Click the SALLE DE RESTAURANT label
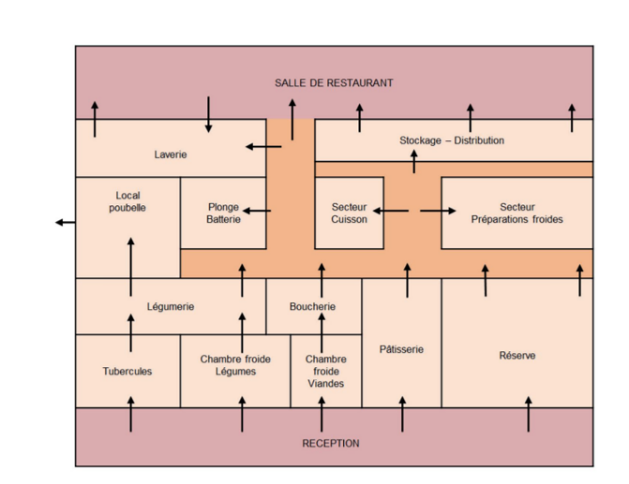pos(334,83)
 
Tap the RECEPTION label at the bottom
pos(330,443)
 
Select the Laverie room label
pos(171,154)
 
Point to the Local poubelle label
pos(127,201)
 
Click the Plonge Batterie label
pos(223,213)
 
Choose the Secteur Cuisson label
pos(349,213)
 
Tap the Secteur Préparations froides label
pos(517,213)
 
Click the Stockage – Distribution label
pos(452,140)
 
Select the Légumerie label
pos(171,306)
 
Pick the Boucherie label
pos(312,306)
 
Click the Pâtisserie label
pos(401,349)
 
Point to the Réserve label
pos(517,356)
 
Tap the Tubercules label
pos(127,371)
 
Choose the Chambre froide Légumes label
pos(234,365)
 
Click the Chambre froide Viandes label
pos(325,371)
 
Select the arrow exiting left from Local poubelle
pos(66,222)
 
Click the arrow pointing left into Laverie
pos(263,146)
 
